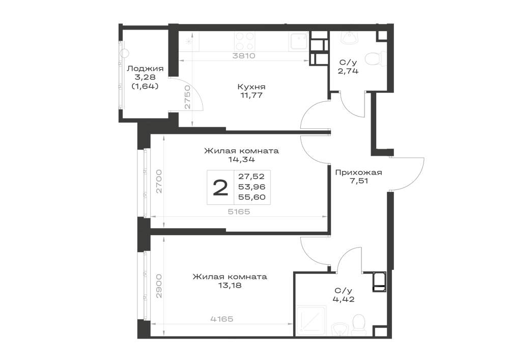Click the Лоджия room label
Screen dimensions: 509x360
point(145,69)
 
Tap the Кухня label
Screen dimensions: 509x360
point(251,87)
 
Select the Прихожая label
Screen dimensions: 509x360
point(358,173)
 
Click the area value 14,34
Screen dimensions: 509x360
point(241,159)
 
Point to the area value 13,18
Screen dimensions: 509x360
point(230,286)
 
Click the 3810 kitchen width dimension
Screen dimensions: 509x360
point(244,56)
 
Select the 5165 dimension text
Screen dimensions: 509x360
point(239,212)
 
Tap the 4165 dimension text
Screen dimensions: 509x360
point(222,319)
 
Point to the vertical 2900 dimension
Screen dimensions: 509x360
point(159,286)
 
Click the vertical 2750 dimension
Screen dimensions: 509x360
point(187,97)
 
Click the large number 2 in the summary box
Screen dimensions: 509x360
point(220,188)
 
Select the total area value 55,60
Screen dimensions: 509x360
point(251,197)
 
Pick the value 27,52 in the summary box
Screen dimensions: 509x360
point(251,177)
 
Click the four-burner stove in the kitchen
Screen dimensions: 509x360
point(245,41)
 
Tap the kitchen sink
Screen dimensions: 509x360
point(298,41)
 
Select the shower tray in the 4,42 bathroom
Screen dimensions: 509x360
point(310,321)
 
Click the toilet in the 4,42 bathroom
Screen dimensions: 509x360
point(358,323)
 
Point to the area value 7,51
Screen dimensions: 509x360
point(359,181)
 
